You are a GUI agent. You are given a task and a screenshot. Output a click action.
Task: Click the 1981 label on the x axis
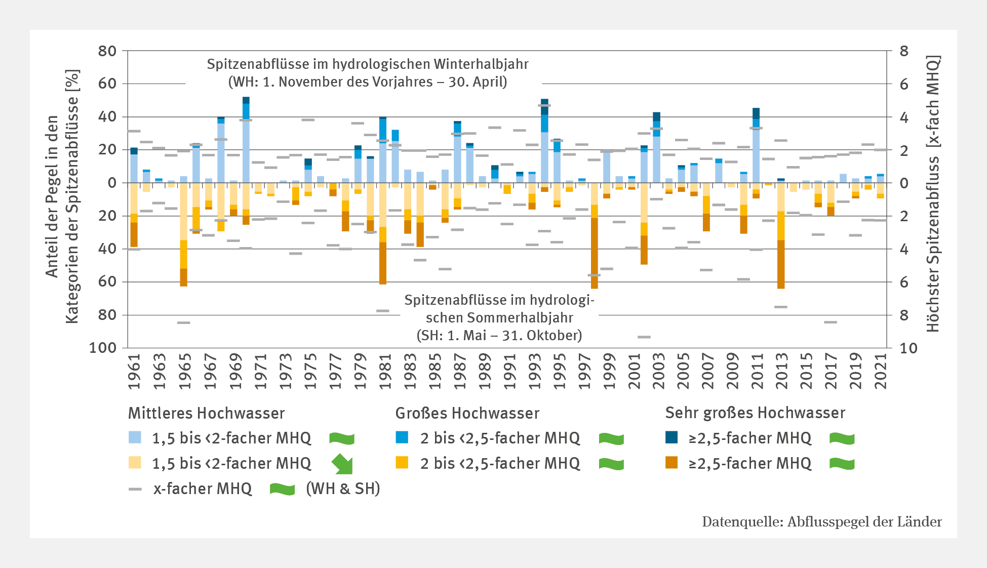[385, 371]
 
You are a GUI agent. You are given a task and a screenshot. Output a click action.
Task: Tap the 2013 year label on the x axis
[781, 371]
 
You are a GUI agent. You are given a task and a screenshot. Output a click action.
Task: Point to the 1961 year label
[134, 371]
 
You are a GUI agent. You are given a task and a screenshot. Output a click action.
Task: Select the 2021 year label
[881, 371]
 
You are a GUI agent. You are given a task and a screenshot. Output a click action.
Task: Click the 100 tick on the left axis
[103, 348]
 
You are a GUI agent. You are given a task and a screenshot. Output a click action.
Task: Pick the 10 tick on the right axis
[909, 348]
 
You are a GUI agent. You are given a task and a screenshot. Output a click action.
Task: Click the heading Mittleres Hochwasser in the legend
[206, 413]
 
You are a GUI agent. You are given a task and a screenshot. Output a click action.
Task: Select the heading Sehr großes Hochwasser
[755, 413]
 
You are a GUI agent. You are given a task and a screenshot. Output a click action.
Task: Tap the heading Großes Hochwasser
[467, 413]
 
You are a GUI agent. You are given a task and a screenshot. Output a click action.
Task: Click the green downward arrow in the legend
[342, 464]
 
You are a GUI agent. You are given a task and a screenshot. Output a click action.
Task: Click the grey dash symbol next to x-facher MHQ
[135, 489]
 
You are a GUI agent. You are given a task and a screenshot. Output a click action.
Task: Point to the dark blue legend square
[671, 437]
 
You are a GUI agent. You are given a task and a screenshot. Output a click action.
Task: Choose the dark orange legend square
[671, 463]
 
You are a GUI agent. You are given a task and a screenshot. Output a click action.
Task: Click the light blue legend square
[135, 437]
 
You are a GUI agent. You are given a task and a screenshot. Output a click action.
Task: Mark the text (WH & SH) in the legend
[343, 489]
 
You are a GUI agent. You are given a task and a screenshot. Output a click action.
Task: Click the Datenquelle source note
[821, 522]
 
